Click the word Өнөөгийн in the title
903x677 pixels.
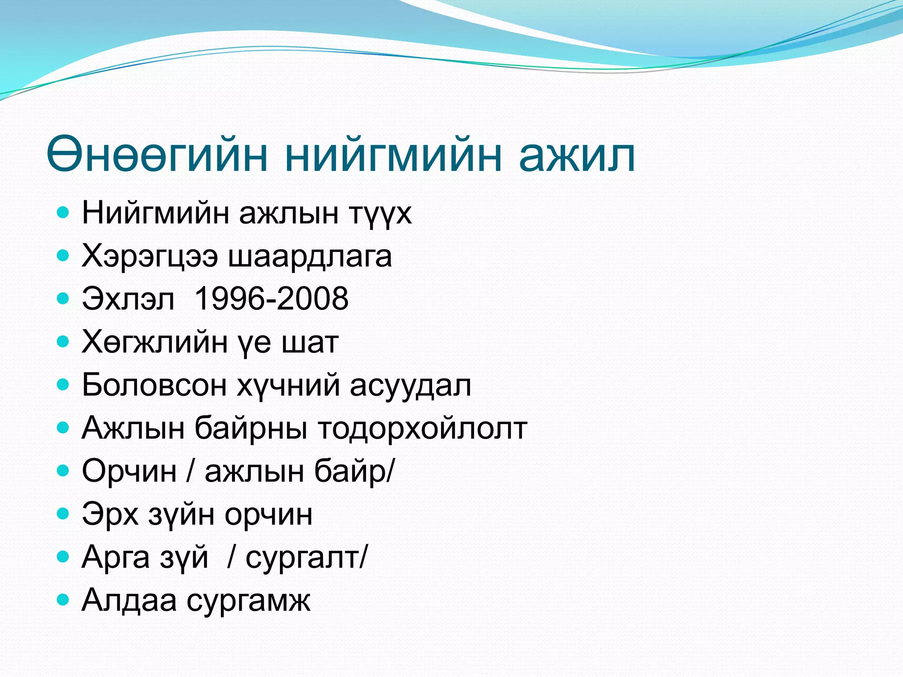point(157,154)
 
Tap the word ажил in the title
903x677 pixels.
point(577,154)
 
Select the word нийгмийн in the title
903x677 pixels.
point(393,154)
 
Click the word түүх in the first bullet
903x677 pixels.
point(380,214)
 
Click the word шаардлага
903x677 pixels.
point(310,257)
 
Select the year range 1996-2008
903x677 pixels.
point(271,299)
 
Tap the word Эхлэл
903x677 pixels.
point(128,299)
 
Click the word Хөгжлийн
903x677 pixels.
point(154,342)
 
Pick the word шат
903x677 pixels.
point(310,342)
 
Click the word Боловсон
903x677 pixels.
point(154,385)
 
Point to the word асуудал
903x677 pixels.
point(410,385)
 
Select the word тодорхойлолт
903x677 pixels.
point(422,428)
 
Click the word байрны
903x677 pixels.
point(250,428)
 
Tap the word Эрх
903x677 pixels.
point(110,514)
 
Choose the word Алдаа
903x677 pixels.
point(129,600)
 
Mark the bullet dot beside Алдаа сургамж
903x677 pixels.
point(63,599)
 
